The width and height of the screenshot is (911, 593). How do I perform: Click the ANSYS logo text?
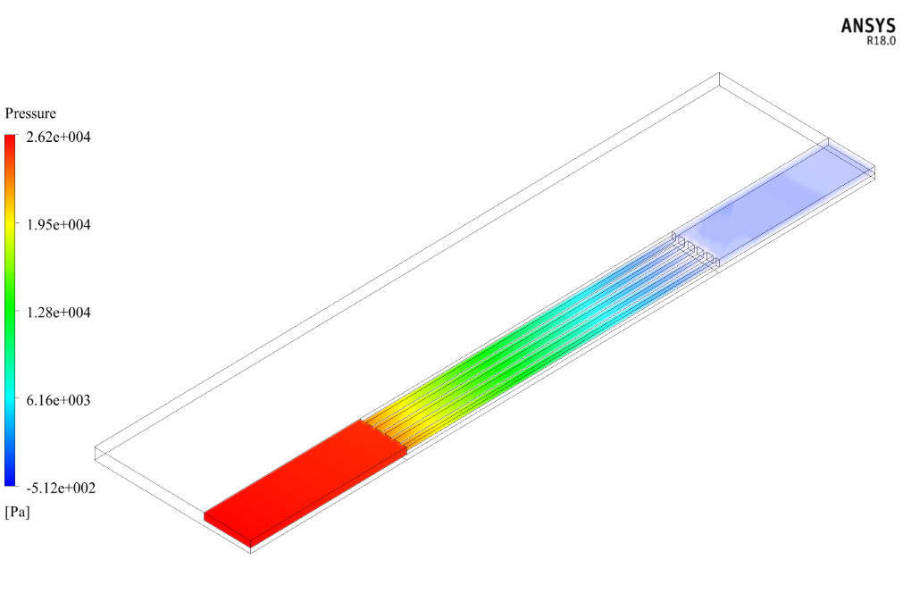click(x=868, y=26)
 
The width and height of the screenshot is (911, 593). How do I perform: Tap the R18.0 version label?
click(x=882, y=41)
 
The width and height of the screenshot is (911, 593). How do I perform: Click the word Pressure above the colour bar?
click(x=30, y=113)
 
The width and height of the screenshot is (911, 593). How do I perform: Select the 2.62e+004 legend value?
click(x=59, y=137)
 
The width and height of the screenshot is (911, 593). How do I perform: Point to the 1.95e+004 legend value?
click(x=59, y=225)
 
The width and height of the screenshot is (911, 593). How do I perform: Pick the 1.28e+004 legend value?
click(x=59, y=313)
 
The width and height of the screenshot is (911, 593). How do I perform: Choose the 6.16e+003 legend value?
click(x=59, y=400)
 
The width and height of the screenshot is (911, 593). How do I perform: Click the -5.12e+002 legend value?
click(x=61, y=488)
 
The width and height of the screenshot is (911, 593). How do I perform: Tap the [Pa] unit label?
click(x=17, y=513)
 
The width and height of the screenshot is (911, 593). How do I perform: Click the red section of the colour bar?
click(x=10, y=152)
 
